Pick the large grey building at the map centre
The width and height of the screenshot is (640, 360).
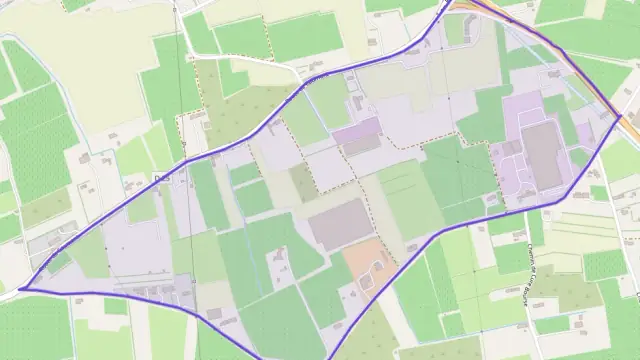point(341,224)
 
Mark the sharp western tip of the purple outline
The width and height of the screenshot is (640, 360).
point(20,289)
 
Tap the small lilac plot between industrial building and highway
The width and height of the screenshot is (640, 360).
point(584,135)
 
